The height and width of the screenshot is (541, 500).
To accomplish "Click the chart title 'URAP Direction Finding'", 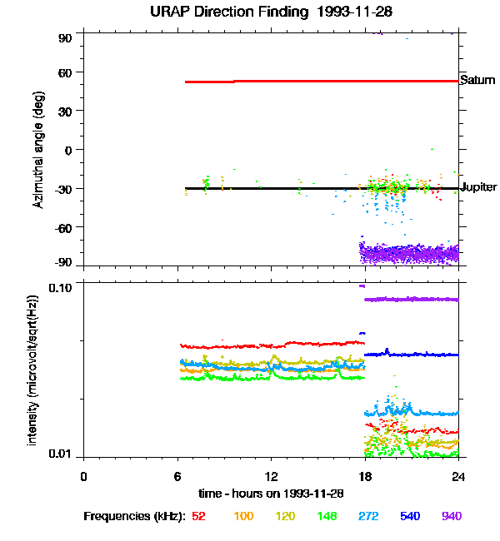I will tap(218, 12).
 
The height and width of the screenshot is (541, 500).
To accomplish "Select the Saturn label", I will tap(477, 81).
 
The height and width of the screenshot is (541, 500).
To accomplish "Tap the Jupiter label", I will tap(479, 187).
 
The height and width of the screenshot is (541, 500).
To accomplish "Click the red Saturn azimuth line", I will tap(333, 81).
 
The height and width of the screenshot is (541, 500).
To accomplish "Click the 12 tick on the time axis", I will tap(271, 476).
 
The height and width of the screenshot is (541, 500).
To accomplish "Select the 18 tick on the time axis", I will tap(365, 476).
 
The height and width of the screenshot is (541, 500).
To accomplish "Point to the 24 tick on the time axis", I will tap(458, 476).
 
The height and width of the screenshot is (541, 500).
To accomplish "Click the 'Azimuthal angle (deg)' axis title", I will tap(38, 150).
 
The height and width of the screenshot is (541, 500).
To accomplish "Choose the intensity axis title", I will tap(33, 369).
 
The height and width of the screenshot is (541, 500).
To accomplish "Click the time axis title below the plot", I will tap(271, 493).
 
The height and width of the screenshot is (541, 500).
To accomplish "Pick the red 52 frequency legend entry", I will tap(198, 516).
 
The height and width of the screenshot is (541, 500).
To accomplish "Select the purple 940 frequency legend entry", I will tap(451, 516).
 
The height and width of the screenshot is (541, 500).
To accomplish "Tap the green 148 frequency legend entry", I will tap(326, 516).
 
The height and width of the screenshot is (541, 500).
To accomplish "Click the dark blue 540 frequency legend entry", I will tap(410, 516).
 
